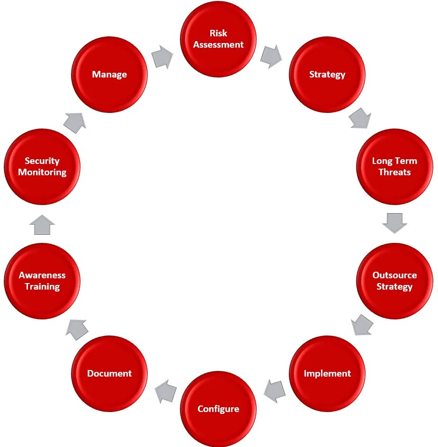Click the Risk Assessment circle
click(218, 39)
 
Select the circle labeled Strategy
click(327, 75)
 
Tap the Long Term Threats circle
click(394, 167)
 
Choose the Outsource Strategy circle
click(394, 281)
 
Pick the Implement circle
click(327, 373)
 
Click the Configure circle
click(218, 409)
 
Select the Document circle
click(109, 373)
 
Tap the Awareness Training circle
click(42, 281)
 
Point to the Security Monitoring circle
click(42, 167)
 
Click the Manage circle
click(109, 75)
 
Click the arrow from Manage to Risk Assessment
click(162, 56)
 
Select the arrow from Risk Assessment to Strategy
click(271, 56)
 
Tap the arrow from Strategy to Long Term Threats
click(360, 118)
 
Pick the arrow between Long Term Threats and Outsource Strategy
click(394, 223)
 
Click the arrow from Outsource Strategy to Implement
click(362, 325)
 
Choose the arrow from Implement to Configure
click(275, 390)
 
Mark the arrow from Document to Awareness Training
click(77, 329)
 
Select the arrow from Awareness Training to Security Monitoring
click(42, 224)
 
